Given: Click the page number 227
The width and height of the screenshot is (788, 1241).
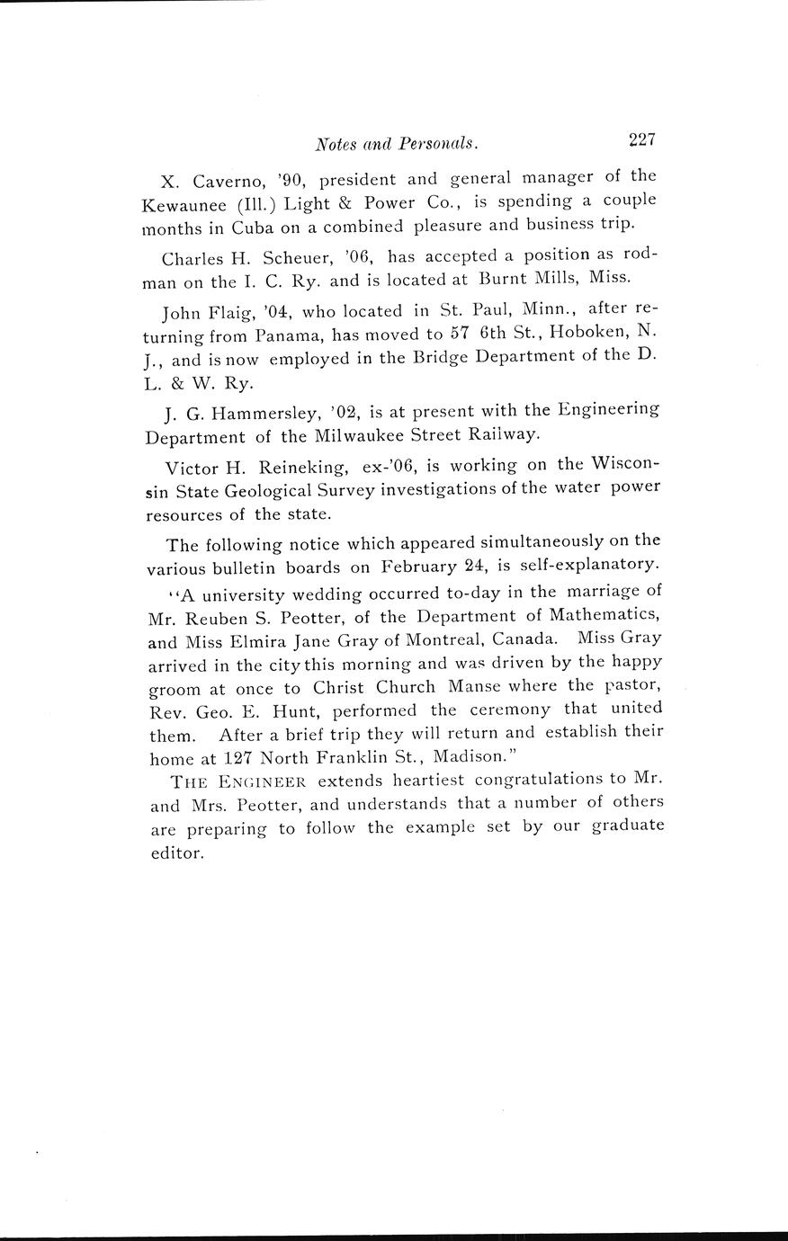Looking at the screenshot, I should (x=642, y=139).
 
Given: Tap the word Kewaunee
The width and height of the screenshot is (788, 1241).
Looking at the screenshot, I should (x=183, y=204).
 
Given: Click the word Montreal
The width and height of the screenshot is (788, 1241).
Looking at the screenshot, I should (x=436, y=638).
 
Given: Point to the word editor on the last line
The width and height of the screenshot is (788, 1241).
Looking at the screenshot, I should (x=174, y=853).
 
